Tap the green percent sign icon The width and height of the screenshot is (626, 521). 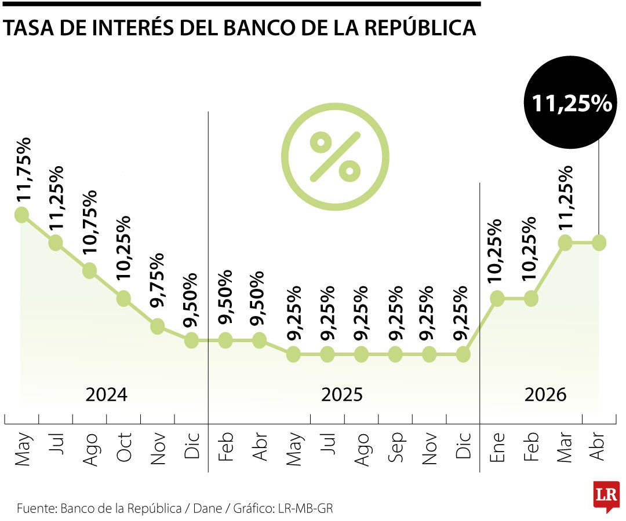(335, 156)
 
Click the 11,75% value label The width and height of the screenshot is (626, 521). (23, 170)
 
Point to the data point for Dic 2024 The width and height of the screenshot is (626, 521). (192, 340)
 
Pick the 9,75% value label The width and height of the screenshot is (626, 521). (157, 280)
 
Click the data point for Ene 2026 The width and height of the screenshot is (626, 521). (497, 298)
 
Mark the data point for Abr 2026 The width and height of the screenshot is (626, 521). (599, 243)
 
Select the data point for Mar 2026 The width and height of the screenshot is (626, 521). (565, 243)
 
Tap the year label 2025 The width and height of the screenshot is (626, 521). (342, 395)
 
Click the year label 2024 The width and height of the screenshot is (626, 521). (106, 395)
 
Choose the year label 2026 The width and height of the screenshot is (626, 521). (545, 395)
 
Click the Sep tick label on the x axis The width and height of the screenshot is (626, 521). (396, 447)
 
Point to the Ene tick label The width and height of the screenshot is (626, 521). (497, 447)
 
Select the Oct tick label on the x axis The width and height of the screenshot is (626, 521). (124, 447)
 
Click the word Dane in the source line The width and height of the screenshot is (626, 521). (208, 508)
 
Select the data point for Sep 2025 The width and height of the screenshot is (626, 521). (395, 354)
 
